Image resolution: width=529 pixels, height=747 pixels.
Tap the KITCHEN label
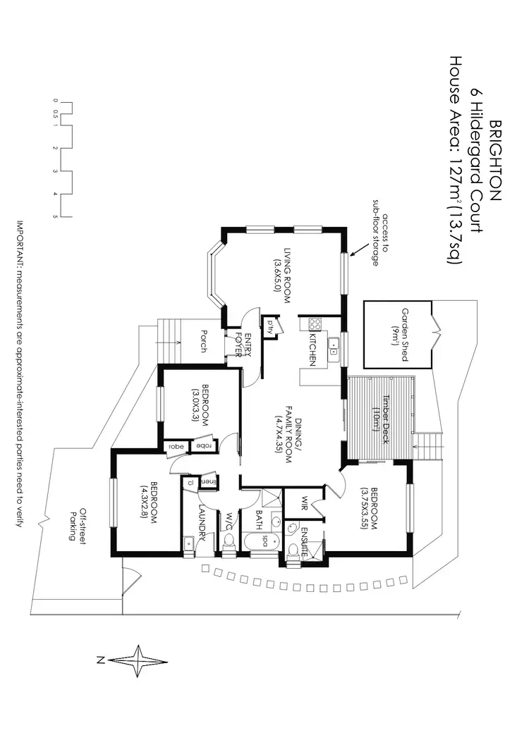(x=310, y=349)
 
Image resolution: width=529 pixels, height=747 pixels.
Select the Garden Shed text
(x=405, y=334)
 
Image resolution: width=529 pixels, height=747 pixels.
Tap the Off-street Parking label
(x=78, y=524)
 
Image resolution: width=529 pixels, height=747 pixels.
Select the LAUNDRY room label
(x=202, y=523)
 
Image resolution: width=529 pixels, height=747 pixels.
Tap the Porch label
(x=204, y=341)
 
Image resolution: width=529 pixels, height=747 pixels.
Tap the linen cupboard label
(x=209, y=481)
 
